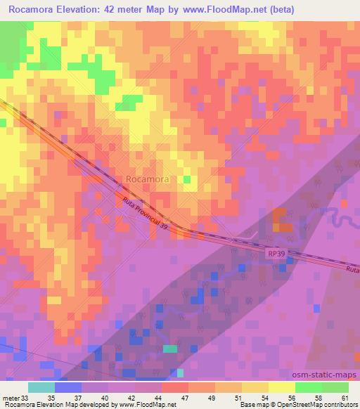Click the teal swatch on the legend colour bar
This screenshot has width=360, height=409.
point(41,387)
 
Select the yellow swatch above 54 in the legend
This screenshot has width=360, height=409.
point(255,387)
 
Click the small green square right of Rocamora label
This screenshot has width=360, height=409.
point(187,179)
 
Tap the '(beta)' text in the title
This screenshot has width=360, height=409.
point(281,10)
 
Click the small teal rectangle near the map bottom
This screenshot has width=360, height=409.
point(170,348)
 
